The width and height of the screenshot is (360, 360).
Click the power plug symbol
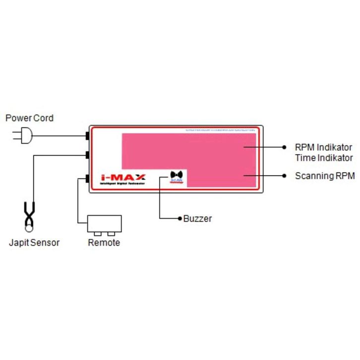[x=24, y=135]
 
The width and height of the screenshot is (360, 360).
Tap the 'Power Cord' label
[x=29, y=118]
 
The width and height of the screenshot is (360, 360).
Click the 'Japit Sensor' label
[x=34, y=242]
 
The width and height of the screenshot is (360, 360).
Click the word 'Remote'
[x=104, y=242]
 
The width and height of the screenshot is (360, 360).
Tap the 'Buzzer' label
[x=197, y=218]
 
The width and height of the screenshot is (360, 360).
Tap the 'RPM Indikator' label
[x=323, y=147]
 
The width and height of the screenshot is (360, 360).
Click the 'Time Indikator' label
[x=323, y=158]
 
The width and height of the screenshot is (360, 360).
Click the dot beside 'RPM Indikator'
[x=284, y=147]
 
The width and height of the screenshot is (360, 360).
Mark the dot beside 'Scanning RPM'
[x=284, y=176]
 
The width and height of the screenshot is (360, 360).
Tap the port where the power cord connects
[x=87, y=135]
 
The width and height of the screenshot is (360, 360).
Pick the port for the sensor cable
[x=87, y=155]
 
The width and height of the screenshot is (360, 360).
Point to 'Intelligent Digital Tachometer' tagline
[x=122, y=184]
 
